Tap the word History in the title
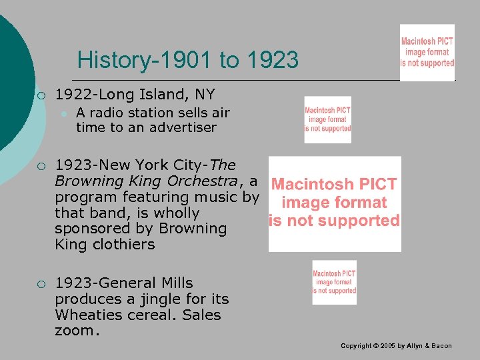[113, 61]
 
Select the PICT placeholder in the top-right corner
[427, 52]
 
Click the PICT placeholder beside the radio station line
[327, 119]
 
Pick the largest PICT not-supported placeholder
[335, 203]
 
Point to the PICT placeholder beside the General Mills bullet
[334, 282]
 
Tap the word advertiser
[181, 127]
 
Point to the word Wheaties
[84, 315]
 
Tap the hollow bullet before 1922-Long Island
[41, 95]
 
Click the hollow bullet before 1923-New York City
[41, 165]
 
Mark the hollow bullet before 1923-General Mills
[41, 284]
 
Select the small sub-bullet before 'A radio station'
[64, 113]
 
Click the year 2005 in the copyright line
[381, 346]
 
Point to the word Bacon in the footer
[441, 346]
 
